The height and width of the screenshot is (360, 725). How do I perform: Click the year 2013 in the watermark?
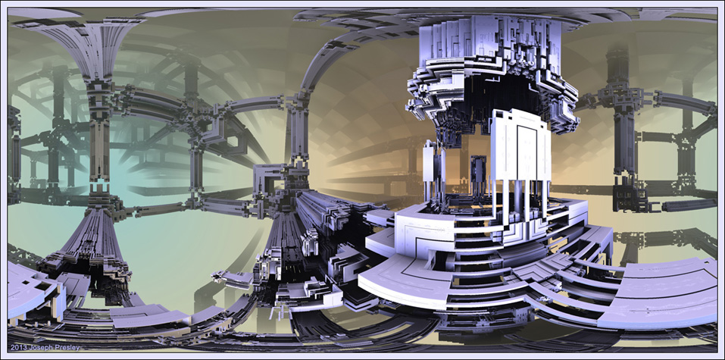tap(17, 348)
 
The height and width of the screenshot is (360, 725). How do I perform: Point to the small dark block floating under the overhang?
tap(477, 170)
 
